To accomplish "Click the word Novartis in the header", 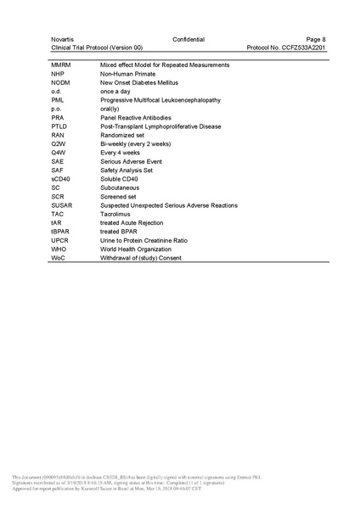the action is point(61,39).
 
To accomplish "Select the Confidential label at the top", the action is point(188,39).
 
